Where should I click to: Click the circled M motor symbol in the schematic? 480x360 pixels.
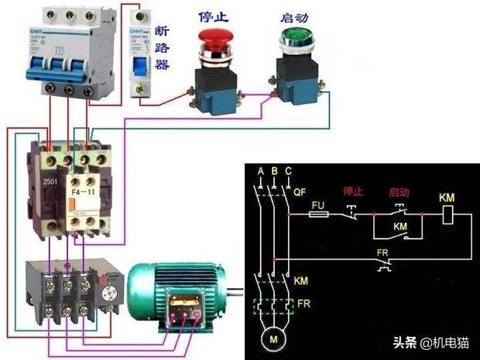coord(273,339)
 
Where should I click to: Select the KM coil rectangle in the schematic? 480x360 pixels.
coord(446,218)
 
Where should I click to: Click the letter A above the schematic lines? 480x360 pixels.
coord(260,171)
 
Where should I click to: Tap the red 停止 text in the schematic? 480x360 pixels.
coord(352,190)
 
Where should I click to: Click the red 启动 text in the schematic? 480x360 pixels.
coord(399,190)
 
